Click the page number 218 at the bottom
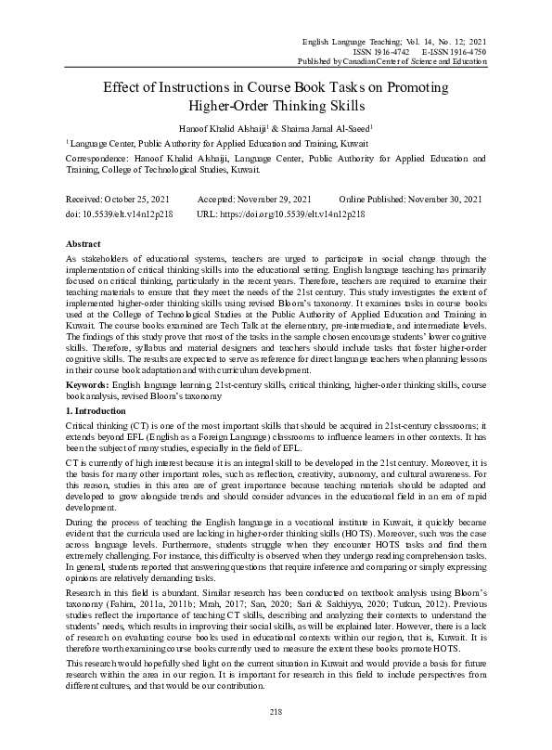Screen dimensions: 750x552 point(275,711)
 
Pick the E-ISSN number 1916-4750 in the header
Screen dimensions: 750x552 point(462,52)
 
